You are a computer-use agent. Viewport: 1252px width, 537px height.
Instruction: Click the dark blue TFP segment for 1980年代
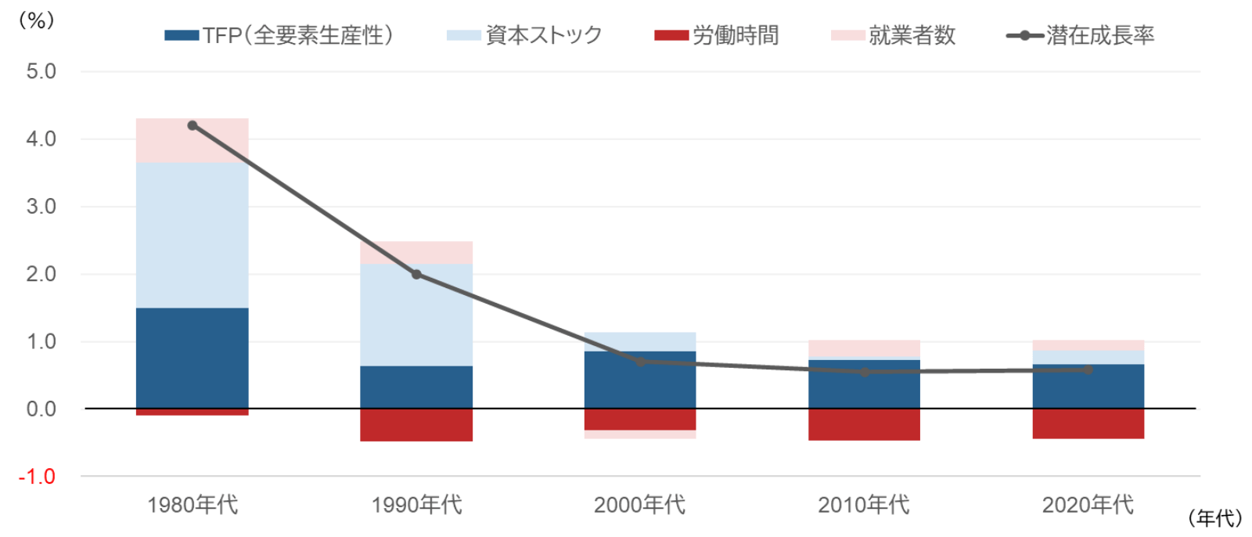[x=192, y=358]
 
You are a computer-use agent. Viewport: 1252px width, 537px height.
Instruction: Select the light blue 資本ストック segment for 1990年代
[x=416, y=315]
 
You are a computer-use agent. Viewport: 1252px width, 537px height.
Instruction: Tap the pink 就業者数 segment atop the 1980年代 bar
[x=192, y=140]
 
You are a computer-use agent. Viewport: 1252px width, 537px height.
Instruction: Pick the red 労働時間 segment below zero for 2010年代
[x=864, y=424]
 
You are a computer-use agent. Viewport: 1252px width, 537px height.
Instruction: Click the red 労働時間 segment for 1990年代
[x=416, y=425]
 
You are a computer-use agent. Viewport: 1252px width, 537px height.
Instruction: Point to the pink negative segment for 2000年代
[x=640, y=434]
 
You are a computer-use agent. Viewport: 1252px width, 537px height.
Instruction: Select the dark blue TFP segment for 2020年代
[x=1088, y=387]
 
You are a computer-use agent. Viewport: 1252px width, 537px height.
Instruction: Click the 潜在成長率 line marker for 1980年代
[x=192, y=125]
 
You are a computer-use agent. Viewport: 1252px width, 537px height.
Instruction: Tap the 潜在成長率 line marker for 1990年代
[x=416, y=274]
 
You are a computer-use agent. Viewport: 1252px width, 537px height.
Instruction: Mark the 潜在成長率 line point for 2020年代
[x=1088, y=369]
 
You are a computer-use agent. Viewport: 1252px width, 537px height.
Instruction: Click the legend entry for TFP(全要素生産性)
[x=279, y=36]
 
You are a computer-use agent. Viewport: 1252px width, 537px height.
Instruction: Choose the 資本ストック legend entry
[x=524, y=36]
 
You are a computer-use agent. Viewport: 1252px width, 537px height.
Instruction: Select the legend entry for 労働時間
[x=717, y=36]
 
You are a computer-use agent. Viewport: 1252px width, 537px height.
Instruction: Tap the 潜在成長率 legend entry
[x=1081, y=36]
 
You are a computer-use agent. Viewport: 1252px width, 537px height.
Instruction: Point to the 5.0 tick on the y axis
[x=41, y=71]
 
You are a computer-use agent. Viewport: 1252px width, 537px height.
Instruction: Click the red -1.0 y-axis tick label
[x=37, y=477]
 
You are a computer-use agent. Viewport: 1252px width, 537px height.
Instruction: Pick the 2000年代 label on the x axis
[x=639, y=505]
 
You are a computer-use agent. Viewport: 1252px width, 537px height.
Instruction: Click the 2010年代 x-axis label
[x=864, y=505]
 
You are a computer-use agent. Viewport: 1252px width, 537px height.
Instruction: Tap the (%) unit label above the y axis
[x=37, y=20]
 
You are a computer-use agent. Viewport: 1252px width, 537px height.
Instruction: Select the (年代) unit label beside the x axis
[x=1215, y=518]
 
